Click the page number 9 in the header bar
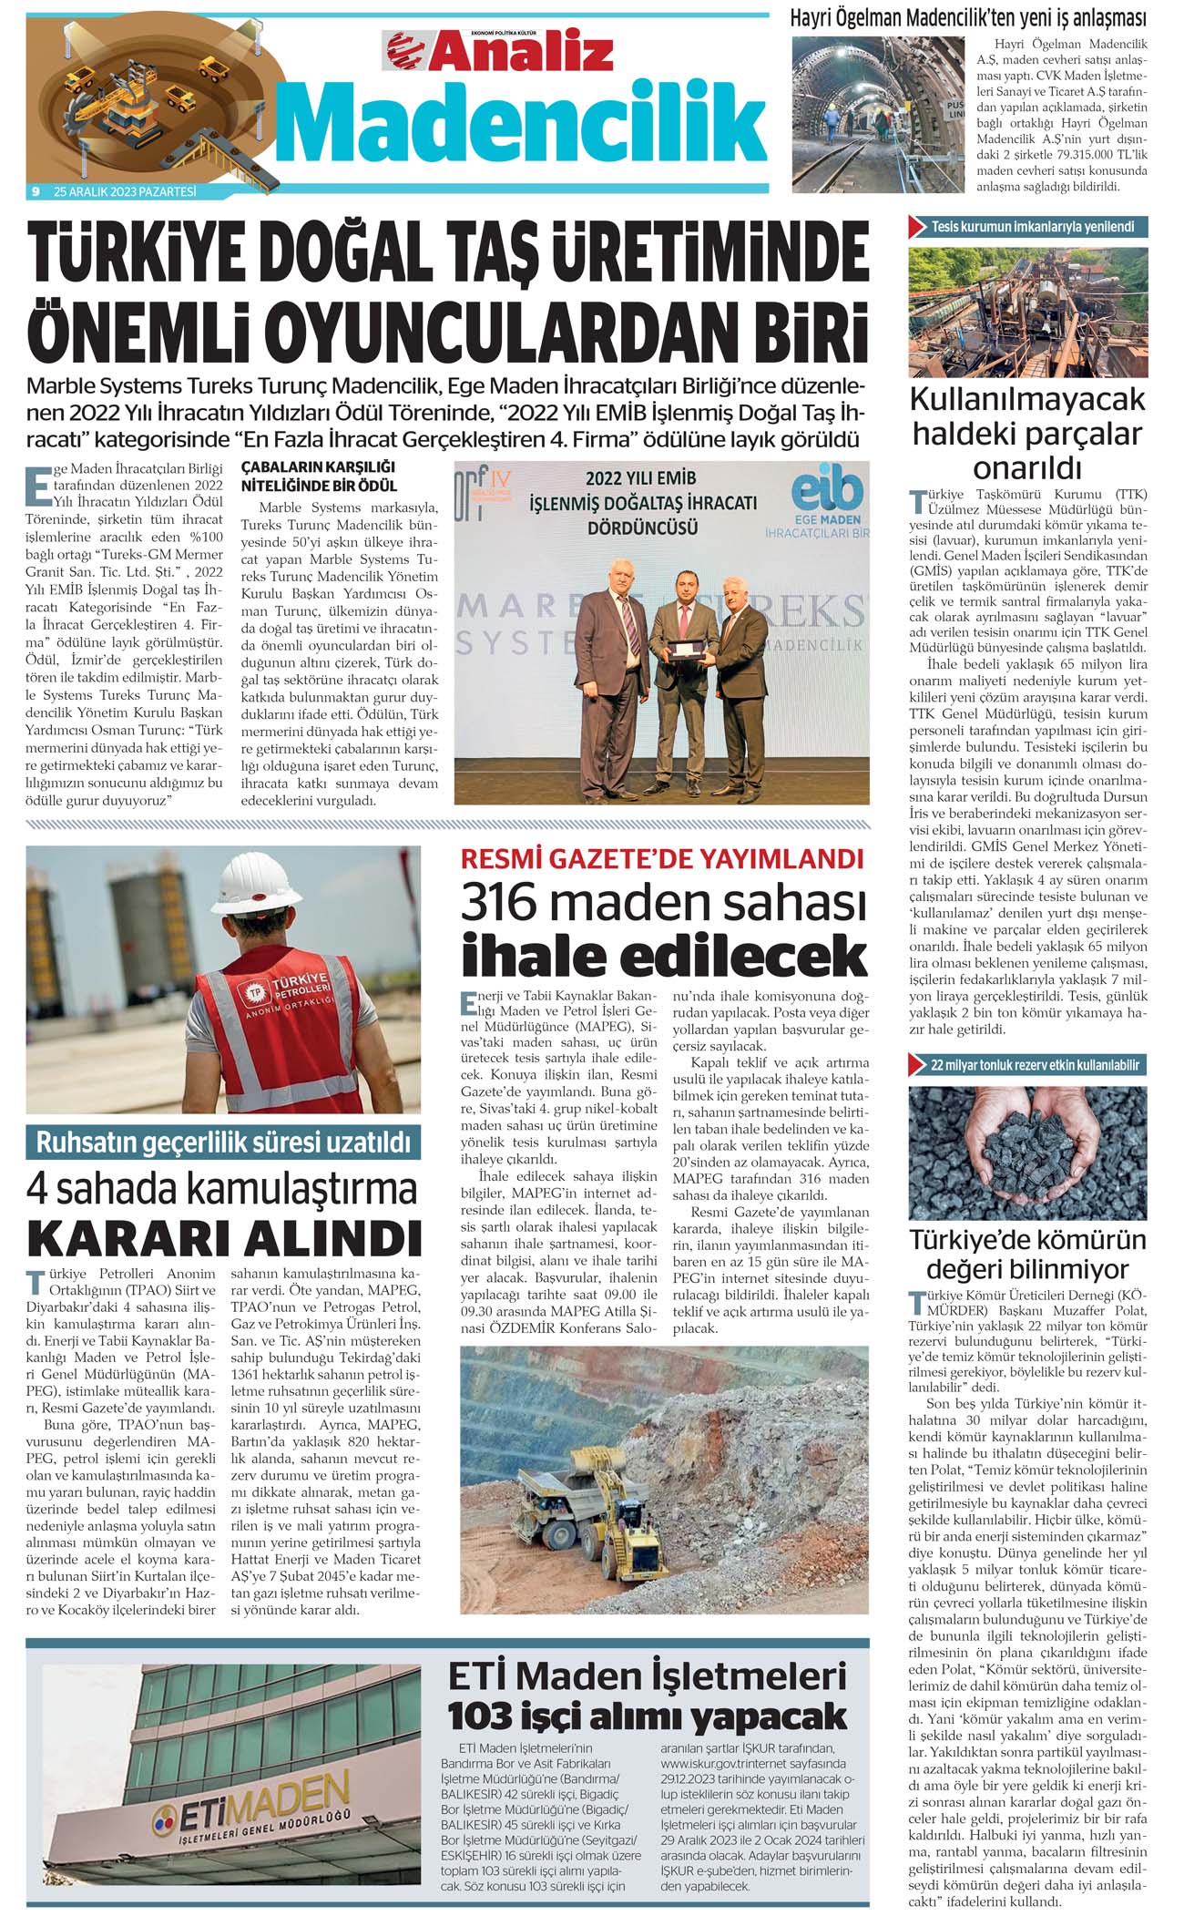[x=35, y=192]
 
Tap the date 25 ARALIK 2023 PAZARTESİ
[x=125, y=192]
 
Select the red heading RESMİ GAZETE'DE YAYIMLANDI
[x=662, y=859]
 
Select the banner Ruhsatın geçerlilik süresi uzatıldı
[x=223, y=1142]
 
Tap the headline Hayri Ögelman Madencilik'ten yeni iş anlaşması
[x=968, y=17]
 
